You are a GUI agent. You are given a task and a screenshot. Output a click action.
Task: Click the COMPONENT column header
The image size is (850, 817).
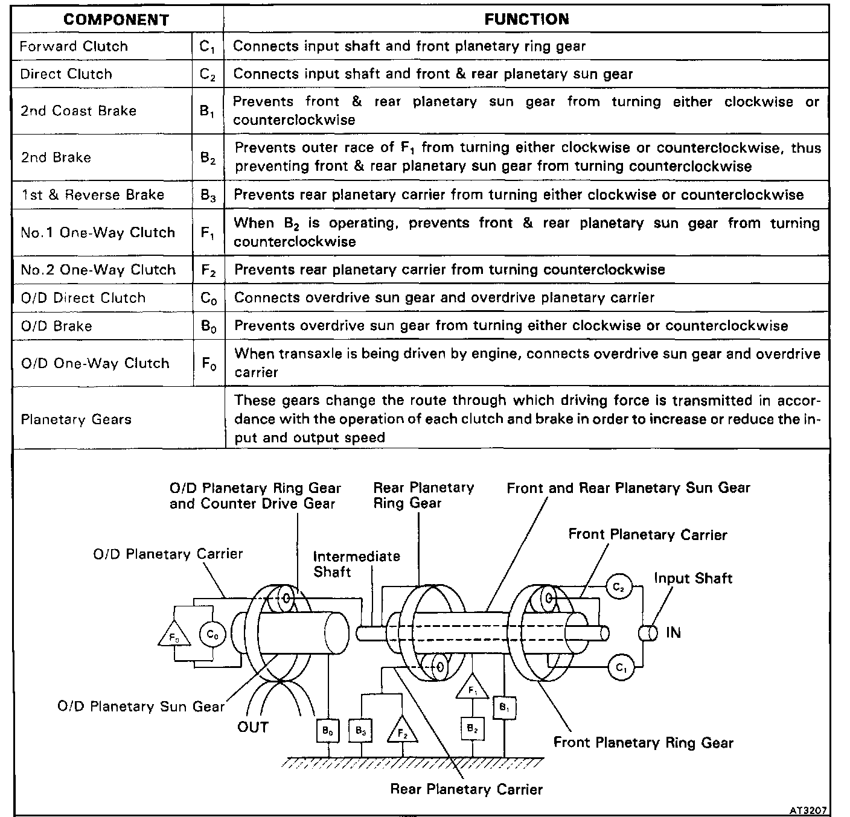coord(117,19)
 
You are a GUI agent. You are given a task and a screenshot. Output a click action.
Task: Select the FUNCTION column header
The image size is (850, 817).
coord(526,19)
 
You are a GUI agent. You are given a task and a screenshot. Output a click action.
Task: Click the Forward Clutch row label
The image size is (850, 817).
coord(74,46)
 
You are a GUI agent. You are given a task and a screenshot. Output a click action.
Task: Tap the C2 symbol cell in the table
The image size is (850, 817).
coord(208,74)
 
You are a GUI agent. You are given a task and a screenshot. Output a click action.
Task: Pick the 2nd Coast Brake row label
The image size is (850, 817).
coord(78,111)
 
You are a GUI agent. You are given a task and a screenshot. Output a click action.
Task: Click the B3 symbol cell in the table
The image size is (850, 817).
coord(208,195)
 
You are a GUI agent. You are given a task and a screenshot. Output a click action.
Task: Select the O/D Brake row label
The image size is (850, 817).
coord(57,326)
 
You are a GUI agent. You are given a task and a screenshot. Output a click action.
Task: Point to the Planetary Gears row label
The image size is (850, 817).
coord(76,419)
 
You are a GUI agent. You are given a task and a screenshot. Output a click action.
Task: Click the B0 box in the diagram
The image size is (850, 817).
coord(328,731)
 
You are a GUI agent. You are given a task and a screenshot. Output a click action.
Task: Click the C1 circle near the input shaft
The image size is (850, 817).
coord(620,667)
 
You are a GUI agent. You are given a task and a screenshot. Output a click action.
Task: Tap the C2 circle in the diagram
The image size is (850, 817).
coord(619,587)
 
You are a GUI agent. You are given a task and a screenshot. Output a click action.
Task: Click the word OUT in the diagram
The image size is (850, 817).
coord(252,727)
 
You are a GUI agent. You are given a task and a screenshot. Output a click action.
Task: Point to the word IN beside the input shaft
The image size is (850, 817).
coord(673,633)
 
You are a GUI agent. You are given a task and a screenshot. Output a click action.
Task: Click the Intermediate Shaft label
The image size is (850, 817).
coord(356,564)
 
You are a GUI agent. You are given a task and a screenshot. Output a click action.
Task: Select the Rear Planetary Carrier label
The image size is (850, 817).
coord(466,789)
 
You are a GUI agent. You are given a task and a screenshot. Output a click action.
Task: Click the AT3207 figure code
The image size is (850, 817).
coord(810,810)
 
